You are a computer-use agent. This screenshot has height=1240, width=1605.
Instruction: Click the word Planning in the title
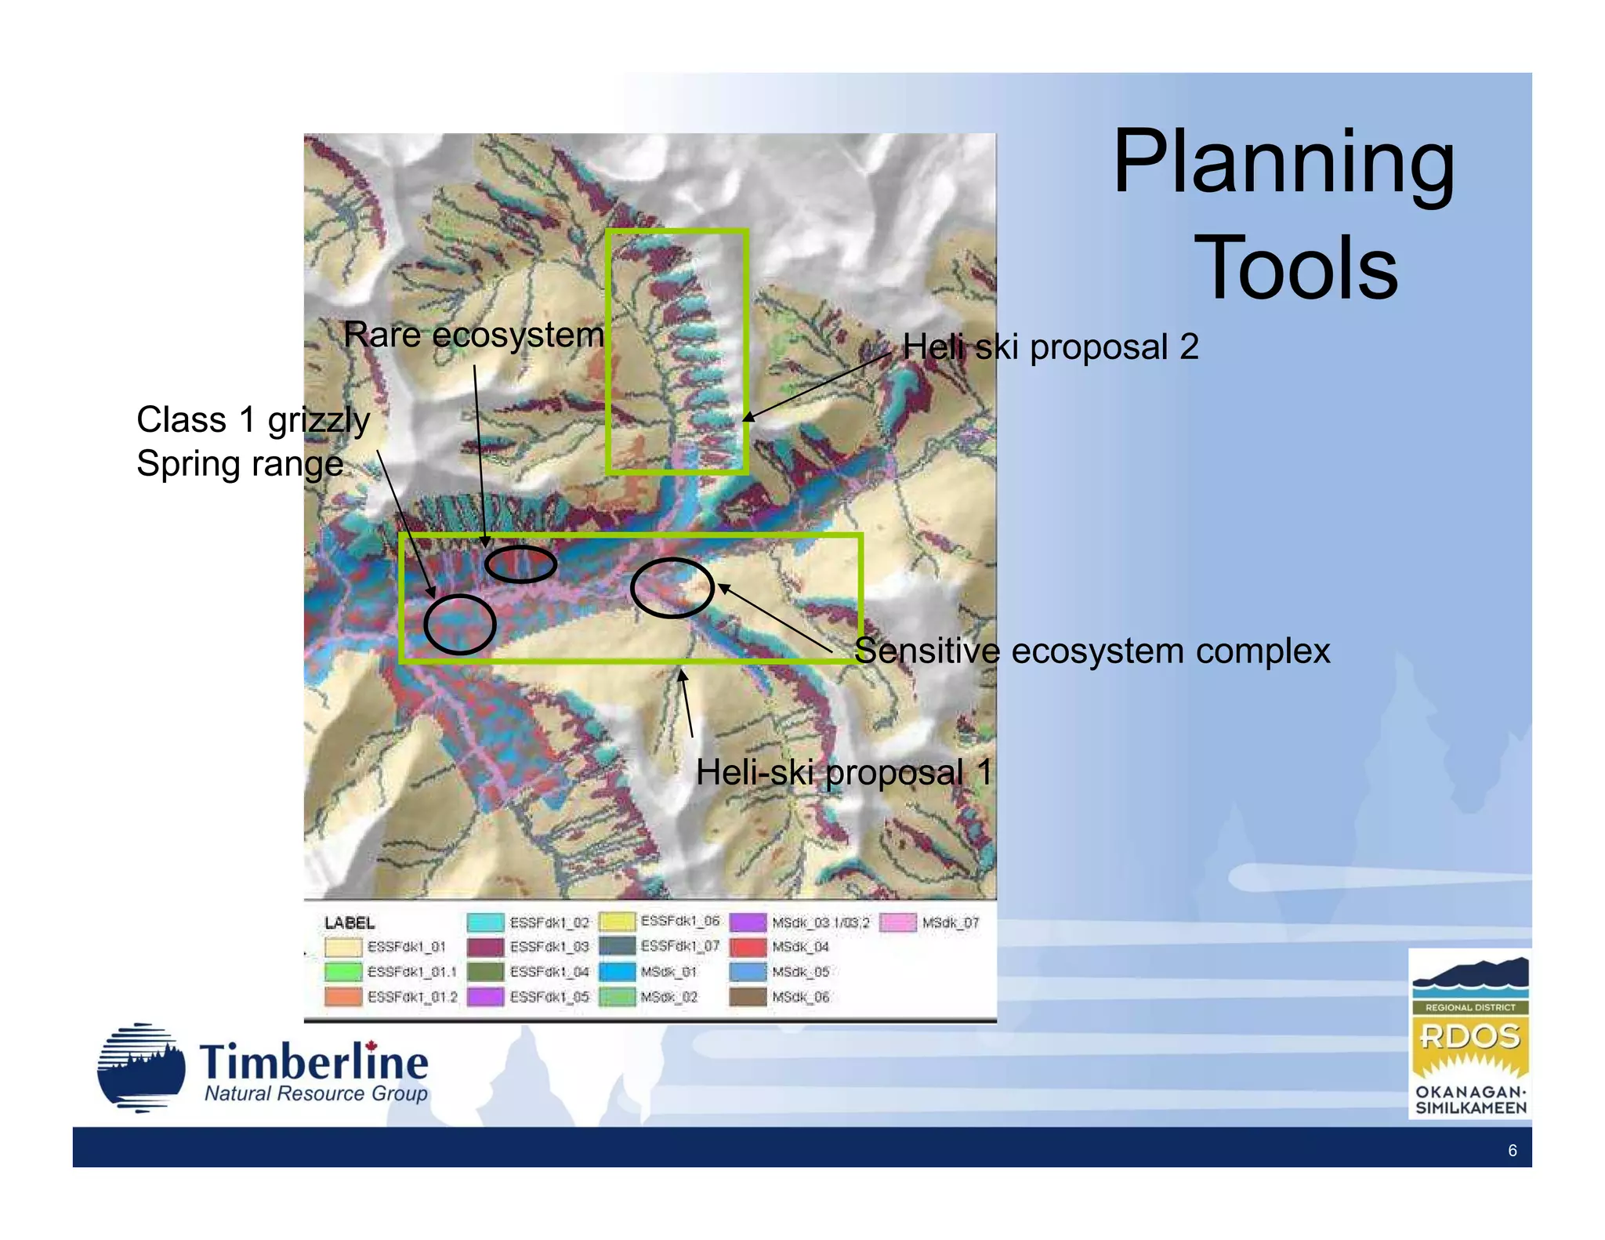click(x=1283, y=163)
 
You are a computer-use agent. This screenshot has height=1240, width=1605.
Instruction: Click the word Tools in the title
click(x=1295, y=269)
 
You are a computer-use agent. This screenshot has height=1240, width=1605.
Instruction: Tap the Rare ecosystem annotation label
click(x=473, y=335)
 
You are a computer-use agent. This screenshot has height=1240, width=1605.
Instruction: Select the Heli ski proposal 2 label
click(x=1050, y=346)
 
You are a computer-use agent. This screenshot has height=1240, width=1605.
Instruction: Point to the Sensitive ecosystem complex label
click(x=1092, y=651)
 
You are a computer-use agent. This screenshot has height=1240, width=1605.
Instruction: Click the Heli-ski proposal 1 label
click(x=844, y=773)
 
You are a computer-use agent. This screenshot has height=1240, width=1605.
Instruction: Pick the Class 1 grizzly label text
click(x=253, y=420)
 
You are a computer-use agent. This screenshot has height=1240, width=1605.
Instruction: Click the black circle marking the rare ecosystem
click(x=520, y=564)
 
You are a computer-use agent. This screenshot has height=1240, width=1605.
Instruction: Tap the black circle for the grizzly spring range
click(x=460, y=624)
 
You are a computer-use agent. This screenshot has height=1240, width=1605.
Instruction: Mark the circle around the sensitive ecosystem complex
click(x=672, y=588)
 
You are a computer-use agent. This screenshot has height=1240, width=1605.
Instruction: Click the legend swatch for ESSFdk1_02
click(x=485, y=923)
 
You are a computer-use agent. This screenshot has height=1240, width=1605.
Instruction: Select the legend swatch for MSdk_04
click(x=748, y=947)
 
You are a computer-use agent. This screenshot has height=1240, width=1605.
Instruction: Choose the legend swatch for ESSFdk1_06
click(x=617, y=922)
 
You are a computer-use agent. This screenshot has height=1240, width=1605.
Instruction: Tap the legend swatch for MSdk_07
click(x=897, y=923)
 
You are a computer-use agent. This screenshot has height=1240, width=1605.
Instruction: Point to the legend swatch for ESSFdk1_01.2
click(x=343, y=996)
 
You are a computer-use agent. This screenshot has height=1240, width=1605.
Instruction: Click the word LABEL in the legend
click(x=350, y=923)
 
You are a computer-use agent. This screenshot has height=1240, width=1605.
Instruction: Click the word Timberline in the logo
click(x=313, y=1063)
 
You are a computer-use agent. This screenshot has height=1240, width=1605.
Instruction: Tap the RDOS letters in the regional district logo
click(x=1469, y=1037)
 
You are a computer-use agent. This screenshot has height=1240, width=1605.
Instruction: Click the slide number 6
click(x=1512, y=1151)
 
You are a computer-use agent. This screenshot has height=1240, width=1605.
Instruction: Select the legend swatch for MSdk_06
click(x=748, y=997)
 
